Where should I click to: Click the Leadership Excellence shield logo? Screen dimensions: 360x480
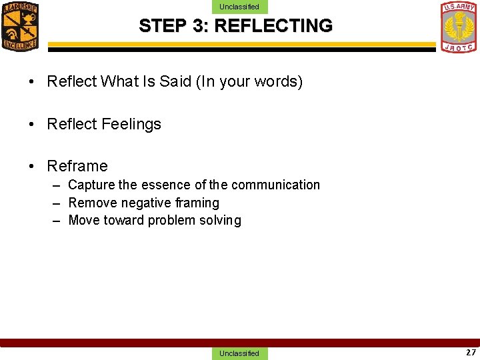click(20, 26)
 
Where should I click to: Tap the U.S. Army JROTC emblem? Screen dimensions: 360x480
click(459, 27)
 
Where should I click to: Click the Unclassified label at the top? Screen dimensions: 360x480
click(239, 7)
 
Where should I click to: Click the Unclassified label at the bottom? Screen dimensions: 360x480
click(239, 353)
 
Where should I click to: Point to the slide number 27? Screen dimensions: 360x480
click(471, 353)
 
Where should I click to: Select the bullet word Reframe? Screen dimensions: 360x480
click(77, 166)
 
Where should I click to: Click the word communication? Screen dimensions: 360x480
click(275, 185)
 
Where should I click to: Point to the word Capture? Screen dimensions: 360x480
click(91, 185)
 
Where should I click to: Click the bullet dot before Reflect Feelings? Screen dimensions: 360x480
click(32, 125)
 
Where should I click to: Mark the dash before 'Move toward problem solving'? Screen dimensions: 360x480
click(57, 221)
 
